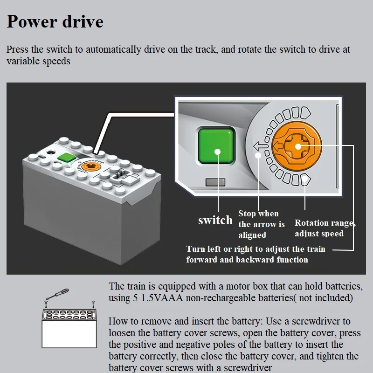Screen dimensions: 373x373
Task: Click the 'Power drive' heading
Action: coord(55,21)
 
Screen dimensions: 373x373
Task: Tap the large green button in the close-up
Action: coord(216,146)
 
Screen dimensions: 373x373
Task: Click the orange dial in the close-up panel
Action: coord(297,146)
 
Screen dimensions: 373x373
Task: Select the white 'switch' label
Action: coord(215,220)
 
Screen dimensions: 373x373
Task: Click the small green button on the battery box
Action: coord(67,158)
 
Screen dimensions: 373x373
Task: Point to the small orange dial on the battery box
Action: coord(90,166)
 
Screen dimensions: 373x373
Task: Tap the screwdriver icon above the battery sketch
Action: coord(57,294)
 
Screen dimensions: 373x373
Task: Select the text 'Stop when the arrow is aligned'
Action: coord(262,224)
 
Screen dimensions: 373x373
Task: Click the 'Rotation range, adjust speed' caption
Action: coord(325,228)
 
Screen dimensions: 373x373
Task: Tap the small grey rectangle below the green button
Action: coord(215,182)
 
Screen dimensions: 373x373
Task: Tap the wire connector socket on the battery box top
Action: coord(121,177)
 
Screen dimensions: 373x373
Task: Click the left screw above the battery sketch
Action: coord(46,304)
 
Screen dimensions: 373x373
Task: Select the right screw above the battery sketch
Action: coord(93,304)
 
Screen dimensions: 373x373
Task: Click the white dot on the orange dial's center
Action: coord(298,146)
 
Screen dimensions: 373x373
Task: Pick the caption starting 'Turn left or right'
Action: coord(256,254)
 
